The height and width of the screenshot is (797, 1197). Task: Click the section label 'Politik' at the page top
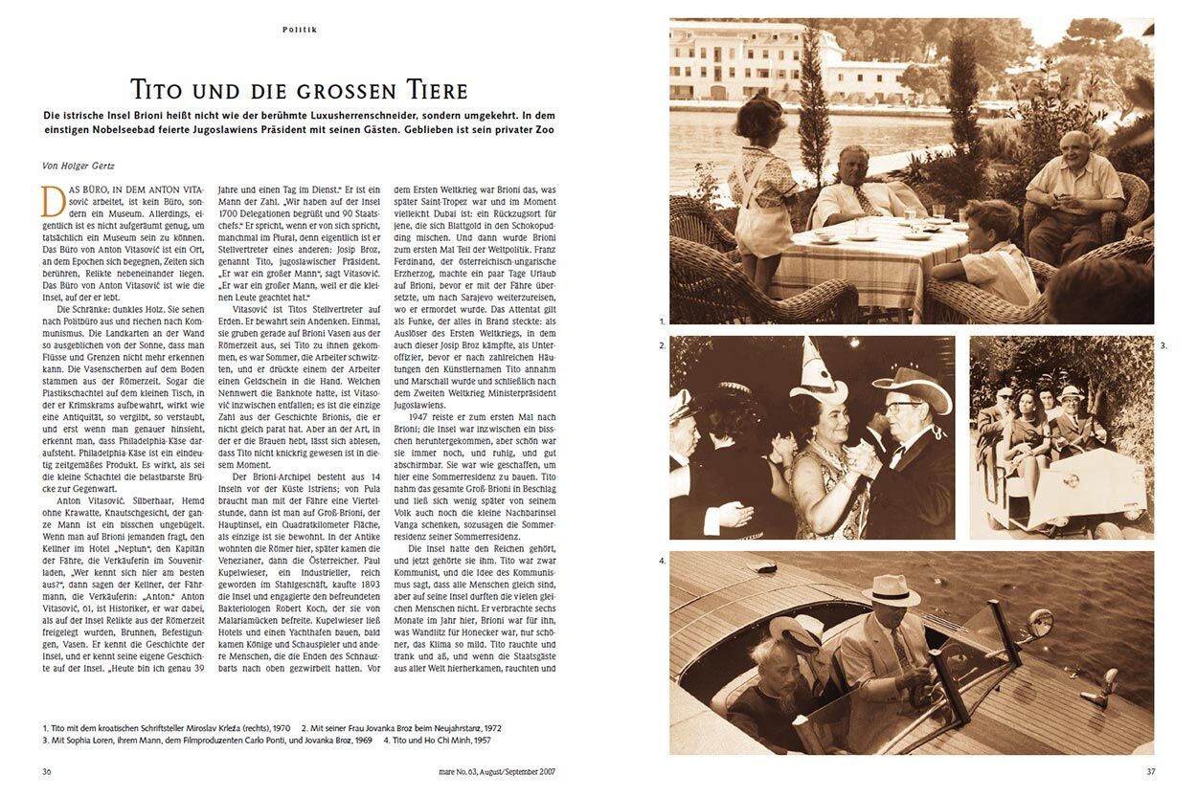[300, 30]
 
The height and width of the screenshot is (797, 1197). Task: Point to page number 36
[48, 771]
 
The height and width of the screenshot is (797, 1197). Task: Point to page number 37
[1152, 771]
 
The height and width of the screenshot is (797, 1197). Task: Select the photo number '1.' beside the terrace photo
[662, 322]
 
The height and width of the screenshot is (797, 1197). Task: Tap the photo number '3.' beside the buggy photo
[1163, 344]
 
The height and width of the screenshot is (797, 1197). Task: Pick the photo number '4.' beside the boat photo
[662, 560]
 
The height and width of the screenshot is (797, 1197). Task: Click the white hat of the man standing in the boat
[890, 588]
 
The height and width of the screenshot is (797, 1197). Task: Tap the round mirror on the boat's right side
[1039, 623]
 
